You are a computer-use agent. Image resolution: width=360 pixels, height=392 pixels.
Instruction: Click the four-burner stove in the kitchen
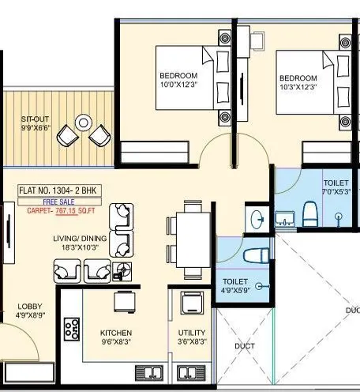73,328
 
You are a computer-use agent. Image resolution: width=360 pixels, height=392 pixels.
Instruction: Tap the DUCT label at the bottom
244,346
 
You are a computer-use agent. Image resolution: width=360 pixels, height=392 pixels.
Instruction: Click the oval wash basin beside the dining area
256,218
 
